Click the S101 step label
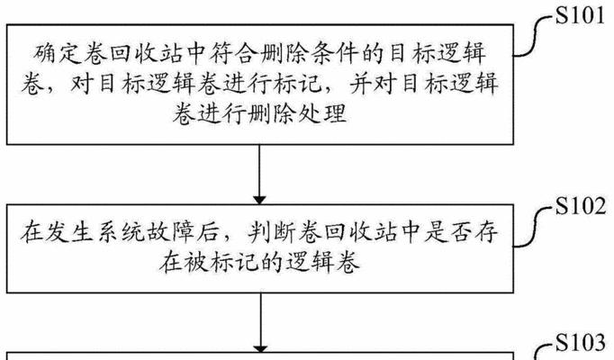(581, 16)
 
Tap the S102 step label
(581, 206)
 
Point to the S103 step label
(581, 343)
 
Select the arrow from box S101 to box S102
(259, 175)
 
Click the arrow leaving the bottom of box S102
(261, 323)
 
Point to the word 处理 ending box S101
(322, 114)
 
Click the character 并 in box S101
(360, 84)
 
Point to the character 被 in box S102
(195, 263)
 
